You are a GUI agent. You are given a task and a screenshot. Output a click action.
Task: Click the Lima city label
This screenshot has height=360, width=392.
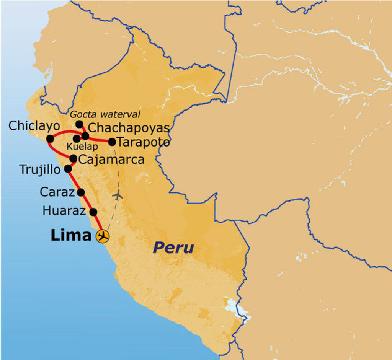tap(71, 236)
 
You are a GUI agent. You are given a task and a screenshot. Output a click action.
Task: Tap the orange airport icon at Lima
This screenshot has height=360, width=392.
tap(102, 236)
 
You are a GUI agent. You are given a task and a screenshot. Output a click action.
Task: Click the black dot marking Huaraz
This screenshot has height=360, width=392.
tap(93, 212)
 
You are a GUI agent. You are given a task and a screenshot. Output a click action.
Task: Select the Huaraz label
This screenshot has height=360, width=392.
tap(64, 210)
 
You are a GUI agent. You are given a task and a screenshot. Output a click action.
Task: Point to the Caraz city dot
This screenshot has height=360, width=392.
tap(81, 192)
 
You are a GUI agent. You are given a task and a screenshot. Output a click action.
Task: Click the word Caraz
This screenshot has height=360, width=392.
tap(57, 192)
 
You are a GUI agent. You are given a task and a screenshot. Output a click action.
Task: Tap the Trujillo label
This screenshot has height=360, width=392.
tap(40, 169)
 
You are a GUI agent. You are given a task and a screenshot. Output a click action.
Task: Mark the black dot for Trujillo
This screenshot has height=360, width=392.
tap(68, 168)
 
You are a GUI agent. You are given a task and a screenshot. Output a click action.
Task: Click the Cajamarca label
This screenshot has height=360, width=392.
tap(111, 159)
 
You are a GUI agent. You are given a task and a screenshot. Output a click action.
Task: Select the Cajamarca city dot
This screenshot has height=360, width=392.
tap(73, 158)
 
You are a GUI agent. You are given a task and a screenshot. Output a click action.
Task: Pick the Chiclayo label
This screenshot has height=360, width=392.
tap(34, 125)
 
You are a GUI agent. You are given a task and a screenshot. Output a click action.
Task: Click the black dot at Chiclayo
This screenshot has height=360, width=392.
tap(50, 139)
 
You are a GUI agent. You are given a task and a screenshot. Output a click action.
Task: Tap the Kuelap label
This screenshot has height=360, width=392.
tap(82, 147)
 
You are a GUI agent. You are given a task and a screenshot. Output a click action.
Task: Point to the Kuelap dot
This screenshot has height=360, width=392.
tap(77, 138)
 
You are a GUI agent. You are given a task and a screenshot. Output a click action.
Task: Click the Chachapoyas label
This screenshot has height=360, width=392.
tap(129, 128)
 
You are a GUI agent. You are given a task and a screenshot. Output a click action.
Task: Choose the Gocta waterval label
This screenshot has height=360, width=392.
tap(105, 114)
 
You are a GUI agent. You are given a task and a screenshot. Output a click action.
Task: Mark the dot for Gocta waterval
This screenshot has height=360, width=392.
tap(79, 124)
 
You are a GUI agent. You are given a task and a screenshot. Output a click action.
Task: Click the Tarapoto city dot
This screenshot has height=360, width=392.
tap(112, 142)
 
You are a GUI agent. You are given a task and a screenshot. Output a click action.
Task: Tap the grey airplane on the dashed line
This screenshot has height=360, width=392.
tap(118, 195)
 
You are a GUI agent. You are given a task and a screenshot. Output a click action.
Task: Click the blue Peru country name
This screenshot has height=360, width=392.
tap(173, 248)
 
